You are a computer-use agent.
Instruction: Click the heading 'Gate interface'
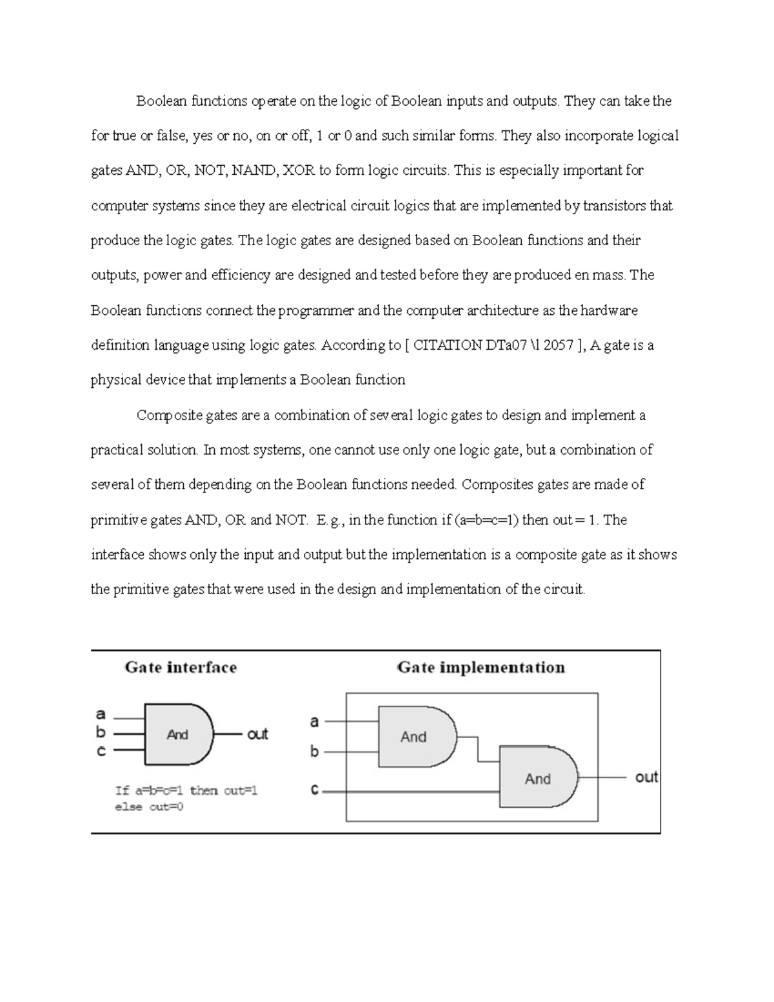[x=181, y=667]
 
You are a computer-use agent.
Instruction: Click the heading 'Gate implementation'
[x=481, y=667]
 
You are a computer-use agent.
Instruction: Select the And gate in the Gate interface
[x=178, y=734]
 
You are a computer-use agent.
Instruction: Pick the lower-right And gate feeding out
[x=538, y=778]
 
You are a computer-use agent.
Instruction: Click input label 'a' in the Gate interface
[x=101, y=714]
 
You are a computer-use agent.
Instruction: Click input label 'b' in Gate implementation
[x=315, y=751]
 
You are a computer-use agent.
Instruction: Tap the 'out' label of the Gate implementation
[x=646, y=777]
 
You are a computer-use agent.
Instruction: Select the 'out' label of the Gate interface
[x=257, y=734]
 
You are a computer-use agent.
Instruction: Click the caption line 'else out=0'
[x=149, y=807]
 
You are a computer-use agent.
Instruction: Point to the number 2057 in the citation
[x=559, y=345]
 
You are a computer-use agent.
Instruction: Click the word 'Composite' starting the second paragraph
[x=170, y=415]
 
